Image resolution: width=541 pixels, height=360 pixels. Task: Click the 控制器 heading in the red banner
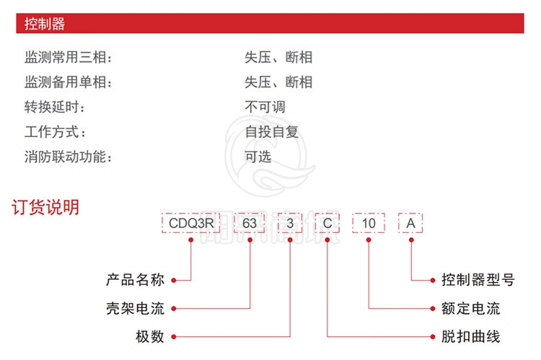pyautogui.click(x=44, y=24)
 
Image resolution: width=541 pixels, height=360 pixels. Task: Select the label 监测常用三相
pyautogui.click(x=69, y=58)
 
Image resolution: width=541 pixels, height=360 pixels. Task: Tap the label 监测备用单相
pyautogui.click(x=69, y=82)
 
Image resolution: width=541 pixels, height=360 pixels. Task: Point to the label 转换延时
pyautogui.click(x=55, y=107)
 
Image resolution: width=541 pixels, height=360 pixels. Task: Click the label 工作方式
pyautogui.click(x=55, y=132)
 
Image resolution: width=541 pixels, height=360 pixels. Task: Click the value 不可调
pyautogui.click(x=265, y=107)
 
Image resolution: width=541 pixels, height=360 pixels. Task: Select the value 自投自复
pyautogui.click(x=272, y=132)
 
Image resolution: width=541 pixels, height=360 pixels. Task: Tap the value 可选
pyautogui.click(x=258, y=157)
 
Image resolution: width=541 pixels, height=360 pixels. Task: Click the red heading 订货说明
pyautogui.click(x=45, y=207)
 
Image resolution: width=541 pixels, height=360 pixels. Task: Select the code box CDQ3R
pyautogui.click(x=191, y=224)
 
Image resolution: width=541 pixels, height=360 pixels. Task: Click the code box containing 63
pyautogui.click(x=249, y=224)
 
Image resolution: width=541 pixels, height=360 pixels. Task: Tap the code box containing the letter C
pyautogui.click(x=327, y=224)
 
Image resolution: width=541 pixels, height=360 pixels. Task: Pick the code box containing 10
pyautogui.click(x=369, y=224)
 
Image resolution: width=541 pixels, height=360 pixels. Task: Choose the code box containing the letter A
pyautogui.click(x=410, y=224)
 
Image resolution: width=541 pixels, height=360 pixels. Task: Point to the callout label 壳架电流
pyautogui.click(x=136, y=309)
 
